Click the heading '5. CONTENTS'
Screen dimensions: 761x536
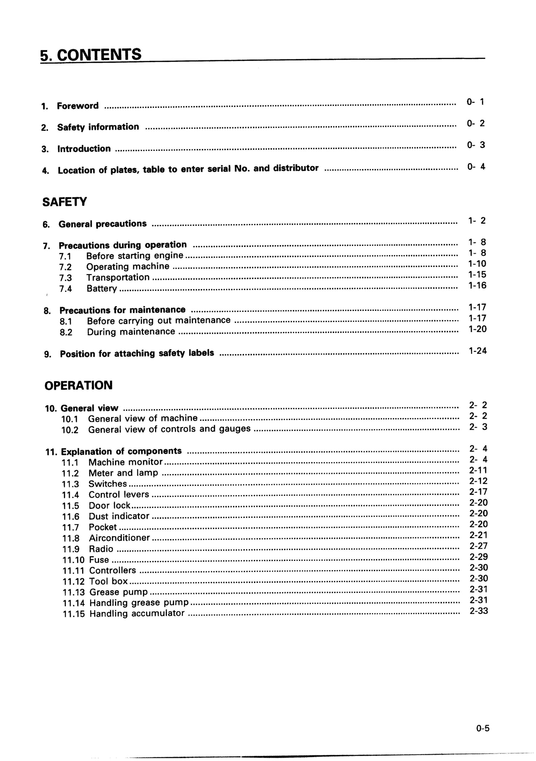pos(91,55)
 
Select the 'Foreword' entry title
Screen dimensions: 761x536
pos(78,106)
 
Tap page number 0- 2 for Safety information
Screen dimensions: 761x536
pos(476,123)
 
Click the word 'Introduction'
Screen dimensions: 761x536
pos(84,149)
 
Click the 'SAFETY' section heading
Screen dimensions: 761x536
pos(64,202)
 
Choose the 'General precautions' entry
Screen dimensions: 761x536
pos(102,224)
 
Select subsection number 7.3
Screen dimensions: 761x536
pos(65,278)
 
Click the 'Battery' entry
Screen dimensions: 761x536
pos(101,288)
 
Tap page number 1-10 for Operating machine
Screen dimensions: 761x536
pos(477,264)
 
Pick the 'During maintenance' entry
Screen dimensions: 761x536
pos(131,332)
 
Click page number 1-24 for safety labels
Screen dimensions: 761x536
pos(477,351)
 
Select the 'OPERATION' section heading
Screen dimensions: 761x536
pos(78,385)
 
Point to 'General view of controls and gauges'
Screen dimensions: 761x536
pos(169,429)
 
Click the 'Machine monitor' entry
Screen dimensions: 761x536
pos(125,462)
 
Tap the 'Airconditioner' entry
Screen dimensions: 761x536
pos(119,538)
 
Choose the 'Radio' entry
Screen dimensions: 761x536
pos(101,549)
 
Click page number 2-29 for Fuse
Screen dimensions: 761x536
pos(478,557)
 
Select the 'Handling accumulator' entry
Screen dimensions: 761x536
pos(137,613)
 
